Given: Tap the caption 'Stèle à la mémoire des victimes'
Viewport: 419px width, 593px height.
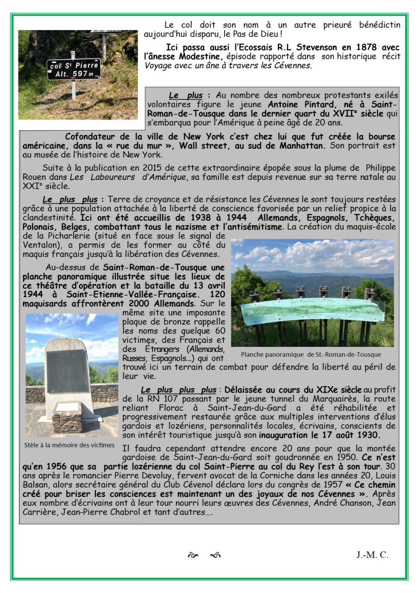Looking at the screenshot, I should tap(70, 445).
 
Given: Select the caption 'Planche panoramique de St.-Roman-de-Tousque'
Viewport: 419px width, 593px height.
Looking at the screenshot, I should tap(311, 354).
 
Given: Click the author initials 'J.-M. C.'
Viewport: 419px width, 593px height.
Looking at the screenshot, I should tap(372, 555).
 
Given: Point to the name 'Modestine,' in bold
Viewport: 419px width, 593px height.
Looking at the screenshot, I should tap(202, 56).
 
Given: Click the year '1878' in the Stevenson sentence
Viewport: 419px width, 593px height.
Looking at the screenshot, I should tap(366, 47).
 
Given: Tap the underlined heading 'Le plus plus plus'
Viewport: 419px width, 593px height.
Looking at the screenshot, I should tap(178, 390).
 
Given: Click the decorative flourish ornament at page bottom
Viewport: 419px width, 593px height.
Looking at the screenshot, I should tap(204, 556).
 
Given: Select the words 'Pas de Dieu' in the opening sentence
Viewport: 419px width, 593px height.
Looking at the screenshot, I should tap(256, 34).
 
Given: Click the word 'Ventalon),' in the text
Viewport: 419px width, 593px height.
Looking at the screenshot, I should tap(43, 245).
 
